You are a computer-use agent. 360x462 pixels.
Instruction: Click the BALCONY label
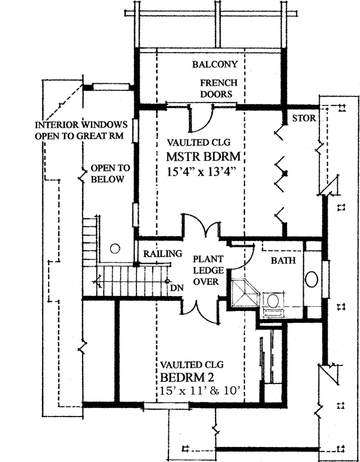216,64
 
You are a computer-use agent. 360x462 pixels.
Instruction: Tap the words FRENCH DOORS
216,89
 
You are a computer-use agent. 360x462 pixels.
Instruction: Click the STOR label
304,118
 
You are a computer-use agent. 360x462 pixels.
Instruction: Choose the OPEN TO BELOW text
107,174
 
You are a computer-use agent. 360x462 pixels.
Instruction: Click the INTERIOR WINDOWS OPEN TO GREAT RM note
81,131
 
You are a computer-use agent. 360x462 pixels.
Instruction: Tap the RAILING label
162,254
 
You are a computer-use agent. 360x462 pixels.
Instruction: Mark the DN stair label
176,287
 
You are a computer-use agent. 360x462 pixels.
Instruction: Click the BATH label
282,261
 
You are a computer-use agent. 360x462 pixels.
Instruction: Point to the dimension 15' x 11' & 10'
200,391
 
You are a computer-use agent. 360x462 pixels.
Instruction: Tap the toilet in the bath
273,301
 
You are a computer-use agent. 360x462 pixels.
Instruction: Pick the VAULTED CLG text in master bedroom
199,143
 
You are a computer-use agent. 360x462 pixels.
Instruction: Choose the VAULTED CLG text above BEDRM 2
192,364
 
